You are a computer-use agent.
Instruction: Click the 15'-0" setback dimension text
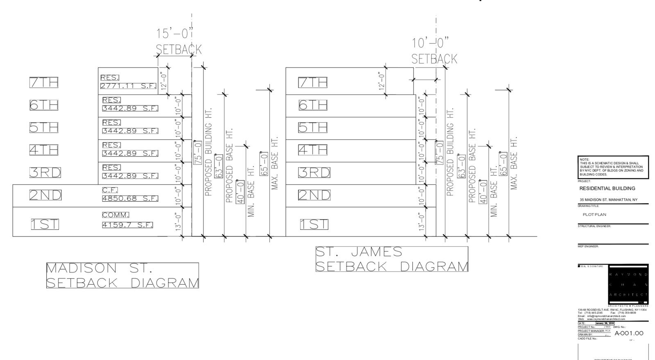click(x=174, y=34)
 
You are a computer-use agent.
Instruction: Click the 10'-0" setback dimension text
click(x=430, y=43)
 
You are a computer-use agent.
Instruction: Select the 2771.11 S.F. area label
click(x=128, y=86)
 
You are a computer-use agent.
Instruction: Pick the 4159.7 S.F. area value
click(x=127, y=225)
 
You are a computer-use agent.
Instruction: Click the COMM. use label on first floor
click(x=115, y=215)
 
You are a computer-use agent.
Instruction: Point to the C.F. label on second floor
click(x=110, y=190)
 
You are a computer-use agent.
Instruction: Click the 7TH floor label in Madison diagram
click(x=44, y=82)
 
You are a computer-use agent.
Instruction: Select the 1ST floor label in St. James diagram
click(x=314, y=224)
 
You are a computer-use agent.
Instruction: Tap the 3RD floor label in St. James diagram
click(x=314, y=173)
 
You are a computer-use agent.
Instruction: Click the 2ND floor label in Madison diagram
click(x=45, y=195)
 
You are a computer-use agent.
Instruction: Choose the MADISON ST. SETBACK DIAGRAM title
click(x=122, y=275)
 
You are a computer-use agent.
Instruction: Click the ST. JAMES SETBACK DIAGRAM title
click(x=391, y=259)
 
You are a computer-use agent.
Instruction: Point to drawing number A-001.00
click(x=629, y=333)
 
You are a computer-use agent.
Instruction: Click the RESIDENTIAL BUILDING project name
click(x=607, y=189)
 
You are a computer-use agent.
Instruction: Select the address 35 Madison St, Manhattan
click(x=608, y=200)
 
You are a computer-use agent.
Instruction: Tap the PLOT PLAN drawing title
click(x=594, y=214)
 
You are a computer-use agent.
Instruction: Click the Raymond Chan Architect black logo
click(x=628, y=284)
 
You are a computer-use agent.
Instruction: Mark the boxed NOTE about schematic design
click(x=613, y=167)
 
